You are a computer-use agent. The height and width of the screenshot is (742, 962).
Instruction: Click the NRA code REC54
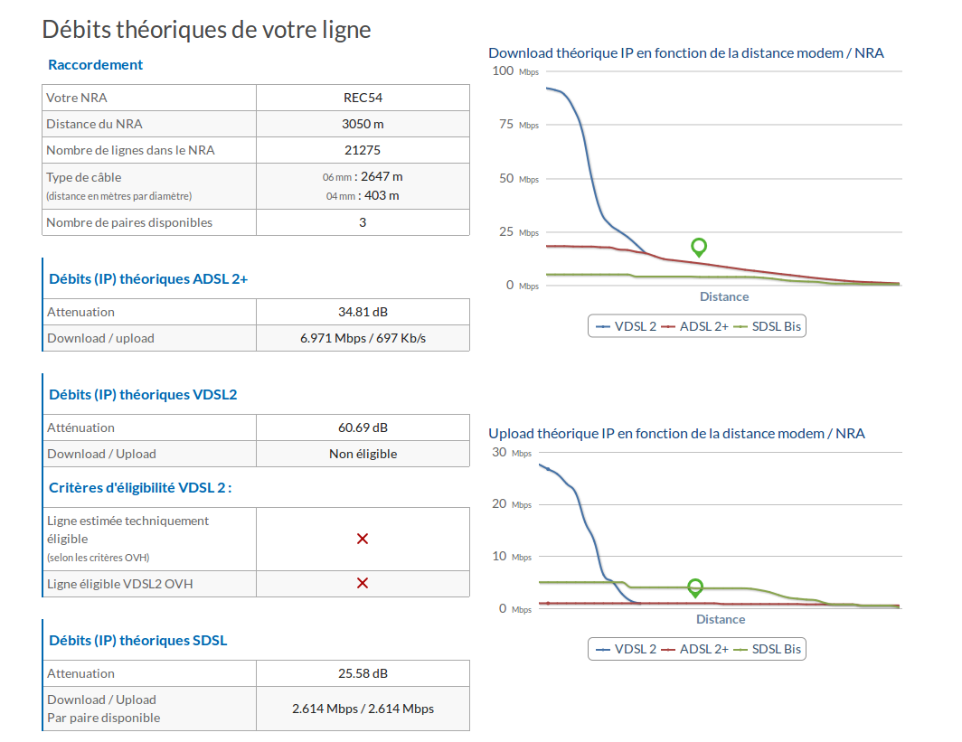pos(363,98)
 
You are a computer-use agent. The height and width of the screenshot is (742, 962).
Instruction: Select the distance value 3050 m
pos(363,124)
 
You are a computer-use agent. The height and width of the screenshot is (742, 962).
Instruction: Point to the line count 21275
pos(363,150)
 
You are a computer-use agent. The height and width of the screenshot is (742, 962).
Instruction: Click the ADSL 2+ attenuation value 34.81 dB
pos(363,312)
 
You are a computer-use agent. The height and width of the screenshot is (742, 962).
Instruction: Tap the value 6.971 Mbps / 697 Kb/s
pos(363,339)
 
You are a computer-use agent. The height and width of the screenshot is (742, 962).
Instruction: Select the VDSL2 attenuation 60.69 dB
pos(363,427)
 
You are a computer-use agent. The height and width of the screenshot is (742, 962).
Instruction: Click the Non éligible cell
pos(363,454)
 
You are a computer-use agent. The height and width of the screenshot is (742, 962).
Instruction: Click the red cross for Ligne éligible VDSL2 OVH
pos(363,583)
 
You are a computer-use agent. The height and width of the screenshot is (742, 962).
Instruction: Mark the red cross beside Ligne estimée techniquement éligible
pos(363,539)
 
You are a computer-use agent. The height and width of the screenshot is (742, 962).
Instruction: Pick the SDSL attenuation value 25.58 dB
pos(363,673)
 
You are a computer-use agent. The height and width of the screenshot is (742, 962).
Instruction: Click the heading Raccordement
pos(95,65)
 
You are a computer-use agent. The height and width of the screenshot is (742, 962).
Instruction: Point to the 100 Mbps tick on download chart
pos(515,71)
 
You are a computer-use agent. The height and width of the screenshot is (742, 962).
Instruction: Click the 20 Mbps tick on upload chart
pos(512,504)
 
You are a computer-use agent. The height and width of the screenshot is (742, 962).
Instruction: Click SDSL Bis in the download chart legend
pos(776,326)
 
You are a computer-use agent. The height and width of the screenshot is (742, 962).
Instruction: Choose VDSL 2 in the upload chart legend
pos(635,649)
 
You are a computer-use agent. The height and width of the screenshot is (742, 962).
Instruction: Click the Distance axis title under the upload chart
pos(721,619)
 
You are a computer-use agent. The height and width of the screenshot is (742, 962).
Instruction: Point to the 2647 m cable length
pos(382,176)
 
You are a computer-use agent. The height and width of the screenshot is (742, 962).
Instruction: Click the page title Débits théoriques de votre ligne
pos(206,30)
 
